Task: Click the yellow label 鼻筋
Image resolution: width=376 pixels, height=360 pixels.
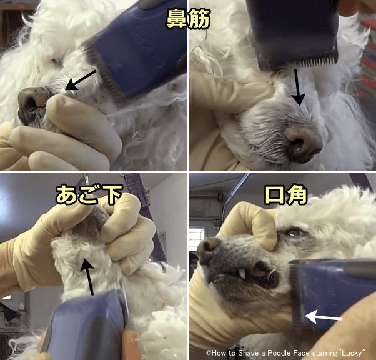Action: [188, 19]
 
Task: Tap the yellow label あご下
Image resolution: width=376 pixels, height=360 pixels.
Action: [89, 194]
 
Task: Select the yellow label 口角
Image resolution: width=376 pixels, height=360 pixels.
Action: [285, 194]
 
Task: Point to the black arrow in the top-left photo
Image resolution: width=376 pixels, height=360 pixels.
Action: [81, 81]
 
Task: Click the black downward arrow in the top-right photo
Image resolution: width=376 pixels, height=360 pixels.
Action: [298, 87]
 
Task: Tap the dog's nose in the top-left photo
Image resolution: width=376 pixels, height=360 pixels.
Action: [31, 104]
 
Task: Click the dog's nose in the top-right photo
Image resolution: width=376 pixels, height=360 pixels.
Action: [304, 142]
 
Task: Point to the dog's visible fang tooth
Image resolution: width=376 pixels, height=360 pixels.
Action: [242, 273]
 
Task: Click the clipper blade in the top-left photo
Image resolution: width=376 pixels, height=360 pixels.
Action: [103, 72]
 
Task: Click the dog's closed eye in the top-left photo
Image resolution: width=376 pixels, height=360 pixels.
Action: [57, 61]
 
